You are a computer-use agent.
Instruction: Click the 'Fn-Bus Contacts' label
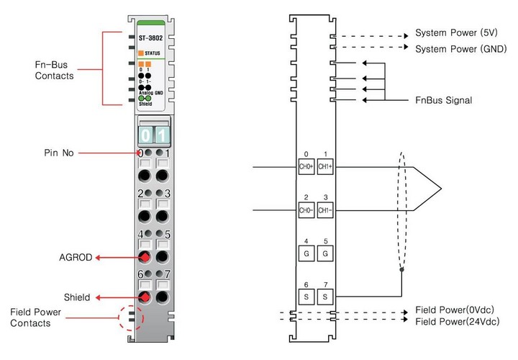55,69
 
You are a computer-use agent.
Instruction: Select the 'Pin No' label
59,153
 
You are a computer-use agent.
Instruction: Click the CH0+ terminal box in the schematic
306,166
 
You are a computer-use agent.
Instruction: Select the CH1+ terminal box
325,166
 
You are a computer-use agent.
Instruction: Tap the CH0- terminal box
306,210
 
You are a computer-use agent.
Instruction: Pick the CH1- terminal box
325,210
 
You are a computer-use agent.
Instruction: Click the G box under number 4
306,253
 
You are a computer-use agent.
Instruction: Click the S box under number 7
325,296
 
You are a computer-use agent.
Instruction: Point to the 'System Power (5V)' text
455,34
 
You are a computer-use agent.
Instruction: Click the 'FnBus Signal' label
444,100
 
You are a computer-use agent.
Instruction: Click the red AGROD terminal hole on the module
144,257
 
